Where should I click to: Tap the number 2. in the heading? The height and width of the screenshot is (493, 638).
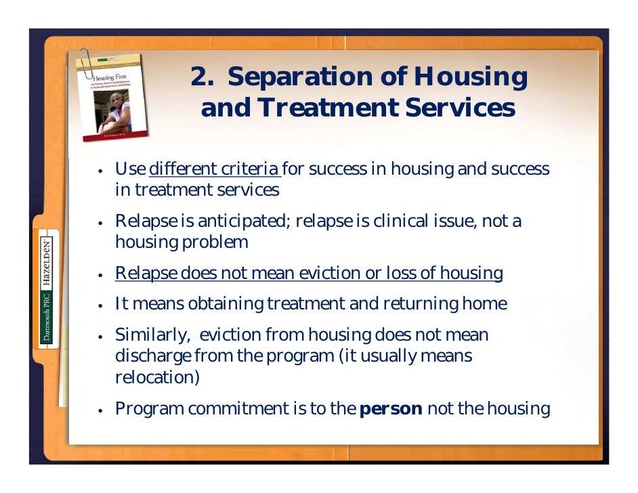click(203, 78)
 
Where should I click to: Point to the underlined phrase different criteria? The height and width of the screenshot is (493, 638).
click(214, 169)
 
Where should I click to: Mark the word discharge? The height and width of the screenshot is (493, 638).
click(146, 356)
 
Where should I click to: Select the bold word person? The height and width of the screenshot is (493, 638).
click(391, 409)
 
